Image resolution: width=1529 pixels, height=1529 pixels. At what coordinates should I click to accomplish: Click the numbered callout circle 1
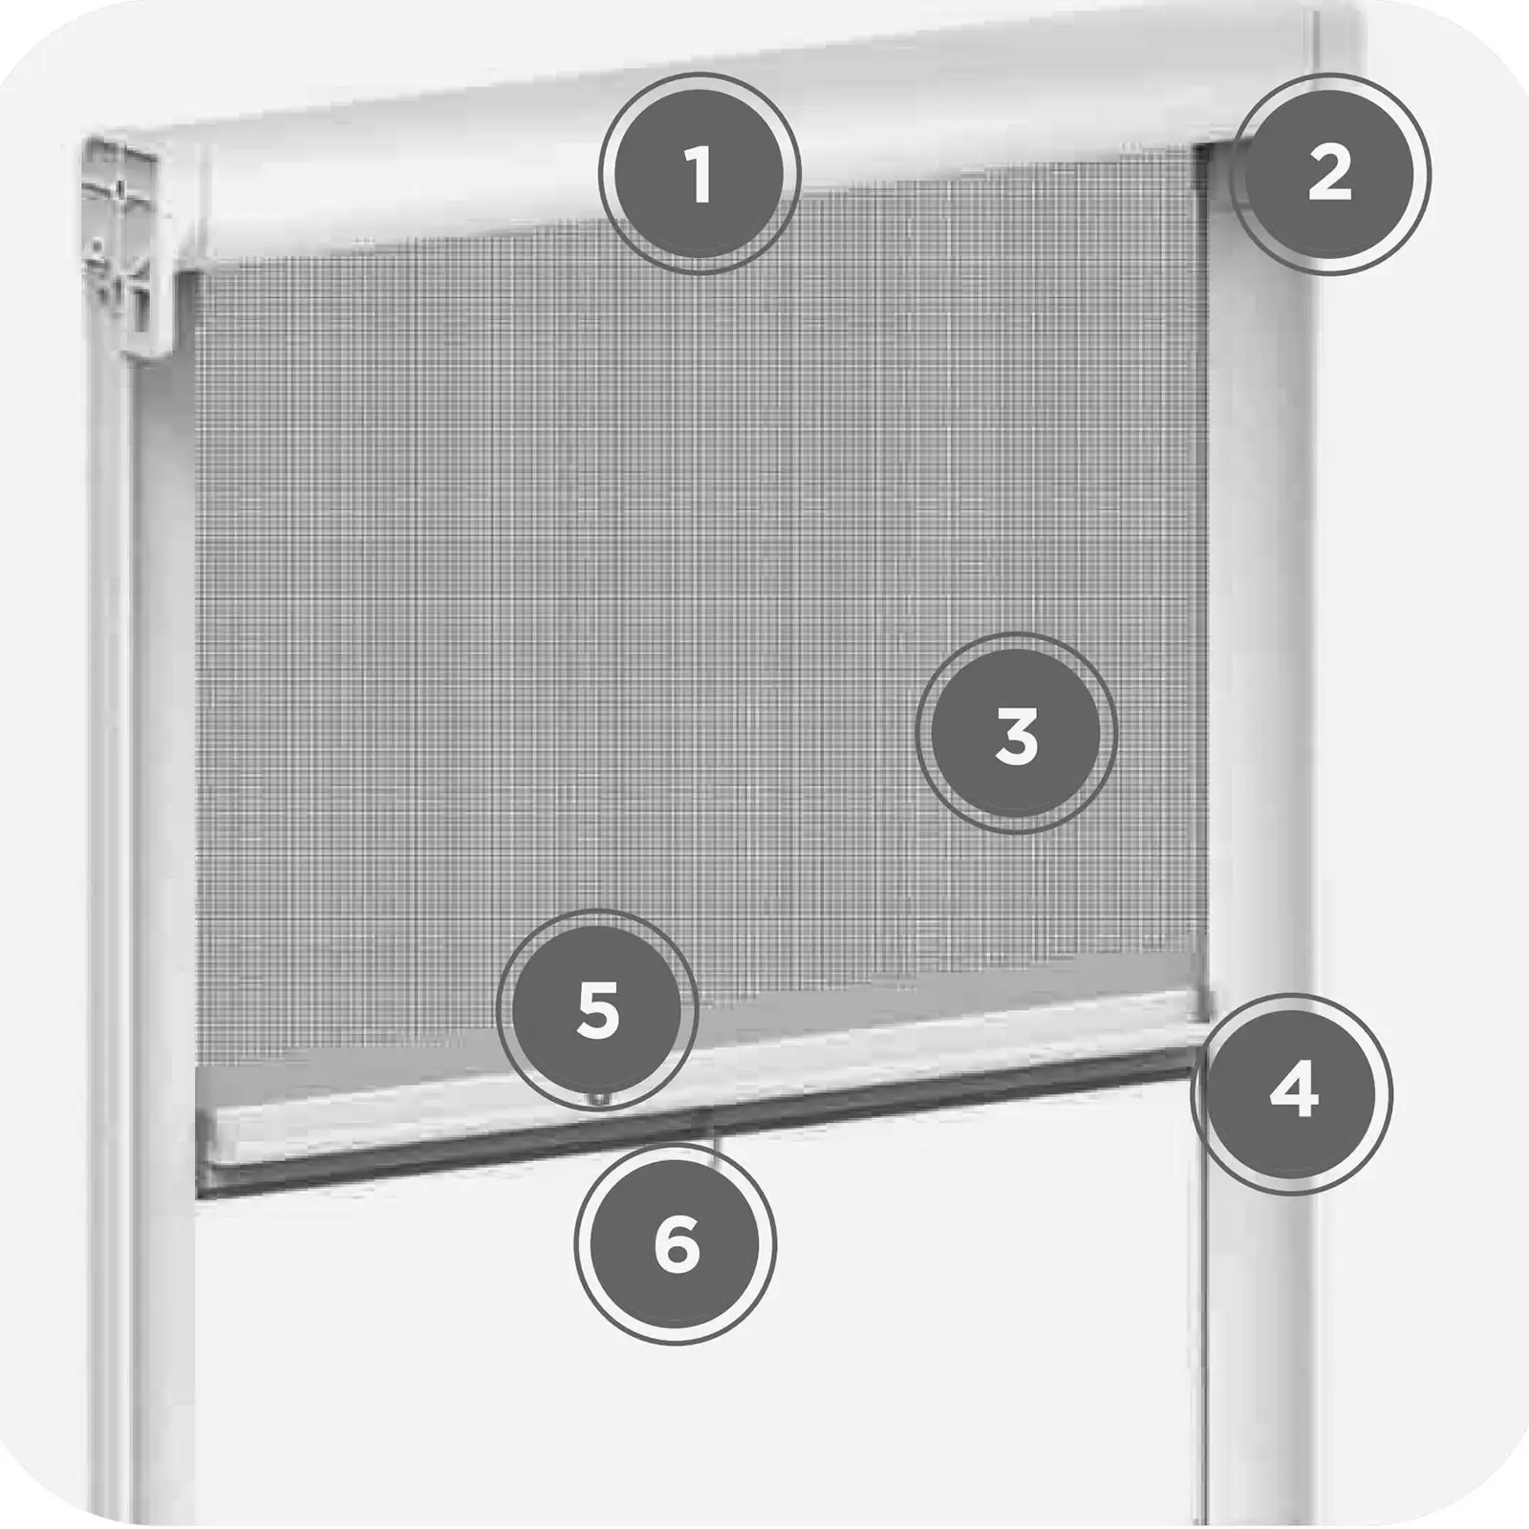[699, 174]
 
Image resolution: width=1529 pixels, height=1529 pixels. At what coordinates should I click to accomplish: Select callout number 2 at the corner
[1329, 174]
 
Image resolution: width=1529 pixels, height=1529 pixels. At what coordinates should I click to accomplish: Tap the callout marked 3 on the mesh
[1016, 733]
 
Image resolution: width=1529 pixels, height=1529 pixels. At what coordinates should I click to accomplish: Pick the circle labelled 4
[1292, 1093]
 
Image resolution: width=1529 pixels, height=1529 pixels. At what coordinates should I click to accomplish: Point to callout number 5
[598, 1010]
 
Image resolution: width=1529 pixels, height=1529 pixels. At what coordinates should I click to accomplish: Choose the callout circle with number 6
[676, 1244]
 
